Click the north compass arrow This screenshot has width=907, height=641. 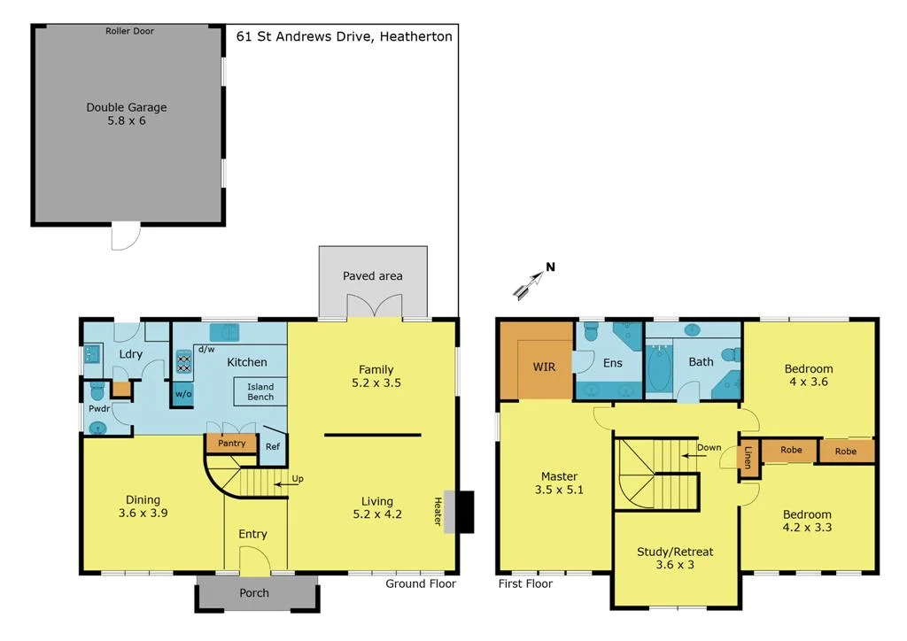531,282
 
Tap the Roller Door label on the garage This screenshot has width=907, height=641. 129,31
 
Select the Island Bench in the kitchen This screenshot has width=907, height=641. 260,392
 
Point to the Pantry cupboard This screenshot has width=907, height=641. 231,444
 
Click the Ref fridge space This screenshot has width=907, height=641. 273,447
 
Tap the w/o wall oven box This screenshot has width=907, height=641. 183,394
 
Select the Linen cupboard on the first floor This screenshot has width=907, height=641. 748,460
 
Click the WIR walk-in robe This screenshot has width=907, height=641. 544,366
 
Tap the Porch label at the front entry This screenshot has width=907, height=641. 255,593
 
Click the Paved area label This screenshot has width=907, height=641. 372,276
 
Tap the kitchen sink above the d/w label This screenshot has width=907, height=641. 225,332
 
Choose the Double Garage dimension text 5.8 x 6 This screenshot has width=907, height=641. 126,120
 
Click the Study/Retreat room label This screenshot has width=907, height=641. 675,552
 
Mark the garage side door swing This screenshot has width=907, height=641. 126,236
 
